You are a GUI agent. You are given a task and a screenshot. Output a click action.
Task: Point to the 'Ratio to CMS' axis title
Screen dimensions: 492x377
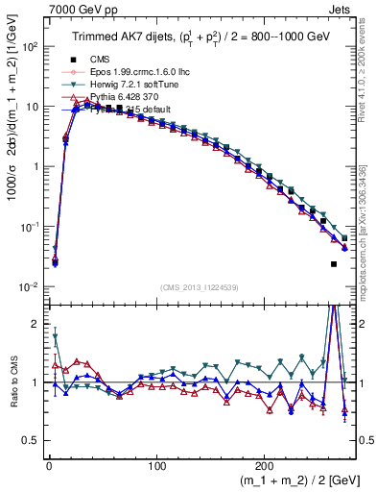[12, 383]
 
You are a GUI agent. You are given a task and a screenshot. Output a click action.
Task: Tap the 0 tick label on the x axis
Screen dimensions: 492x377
[49, 465]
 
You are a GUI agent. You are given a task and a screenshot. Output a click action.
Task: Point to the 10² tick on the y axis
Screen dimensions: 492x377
[28, 46]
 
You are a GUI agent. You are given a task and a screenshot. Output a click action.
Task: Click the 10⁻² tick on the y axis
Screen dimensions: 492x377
[28, 287]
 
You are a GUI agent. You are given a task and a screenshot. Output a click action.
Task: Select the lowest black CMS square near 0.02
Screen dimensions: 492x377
[334, 264]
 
